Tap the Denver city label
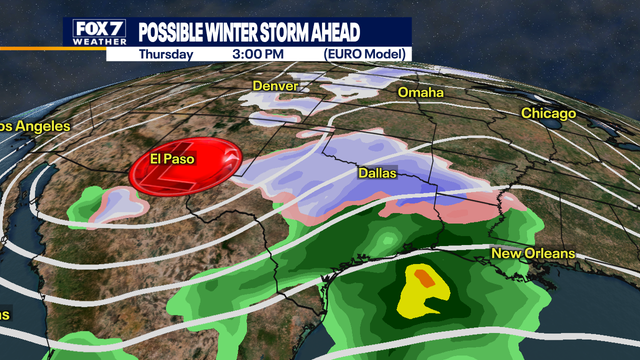click(276, 87)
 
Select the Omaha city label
click(421, 92)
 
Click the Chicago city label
click(548, 114)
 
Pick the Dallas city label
click(377, 174)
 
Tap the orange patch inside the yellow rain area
click(424, 275)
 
